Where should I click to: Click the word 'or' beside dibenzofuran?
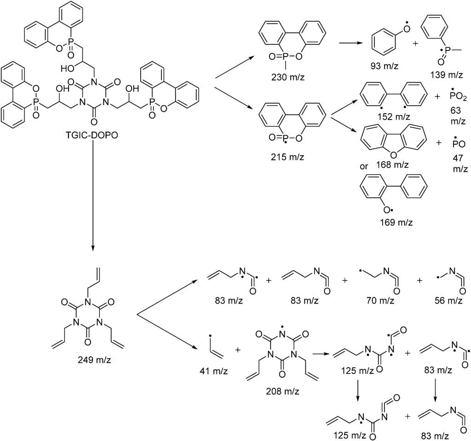pos(364,166)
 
